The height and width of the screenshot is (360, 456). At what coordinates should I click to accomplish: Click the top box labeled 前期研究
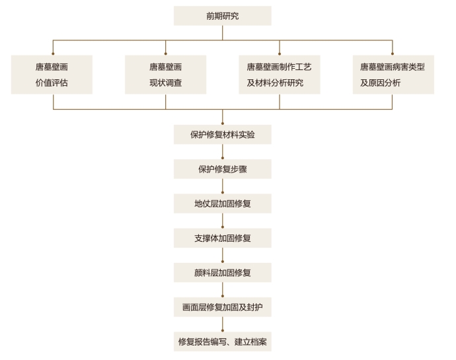(x=223, y=16)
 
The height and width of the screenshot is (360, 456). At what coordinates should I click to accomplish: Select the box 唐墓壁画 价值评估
(x=52, y=75)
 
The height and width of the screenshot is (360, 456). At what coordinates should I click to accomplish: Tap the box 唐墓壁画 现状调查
(x=165, y=75)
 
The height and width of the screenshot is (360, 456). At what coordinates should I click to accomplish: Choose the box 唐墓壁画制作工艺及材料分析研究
(x=280, y=75)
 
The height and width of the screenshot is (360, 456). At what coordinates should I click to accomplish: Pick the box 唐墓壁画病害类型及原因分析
(x=393, y=75)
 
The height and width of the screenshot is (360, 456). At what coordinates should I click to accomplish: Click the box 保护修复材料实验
(x=223, y=135)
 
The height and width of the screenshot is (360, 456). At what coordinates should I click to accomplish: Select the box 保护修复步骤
(x=223, y=169)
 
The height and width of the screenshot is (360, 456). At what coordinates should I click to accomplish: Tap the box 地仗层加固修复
(x=223, y=203)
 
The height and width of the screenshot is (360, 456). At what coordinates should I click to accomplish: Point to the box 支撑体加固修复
(x=223, y=238)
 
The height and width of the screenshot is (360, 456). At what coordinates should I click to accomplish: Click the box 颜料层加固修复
(x=223, y=273)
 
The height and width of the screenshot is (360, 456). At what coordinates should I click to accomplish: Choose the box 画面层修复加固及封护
(x=223, y=307)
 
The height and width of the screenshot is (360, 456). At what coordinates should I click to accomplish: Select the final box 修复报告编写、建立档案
(x=223, y=342)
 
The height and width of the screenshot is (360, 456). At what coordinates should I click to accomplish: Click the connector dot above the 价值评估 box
(x=53, y=54)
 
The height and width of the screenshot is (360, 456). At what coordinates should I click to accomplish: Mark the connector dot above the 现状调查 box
(x=165, y=54)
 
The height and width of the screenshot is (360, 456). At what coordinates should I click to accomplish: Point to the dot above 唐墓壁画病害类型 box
(x=393, y=54)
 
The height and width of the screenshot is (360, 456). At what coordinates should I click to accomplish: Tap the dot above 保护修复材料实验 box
(x=223, y=124)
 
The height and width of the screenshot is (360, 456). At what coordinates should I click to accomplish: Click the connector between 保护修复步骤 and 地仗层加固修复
(x=223, y=186)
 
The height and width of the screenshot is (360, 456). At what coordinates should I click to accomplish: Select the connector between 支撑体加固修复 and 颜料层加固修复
(x=223, y=256)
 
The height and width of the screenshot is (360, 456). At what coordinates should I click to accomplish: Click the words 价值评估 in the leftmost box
(x=52, y=83)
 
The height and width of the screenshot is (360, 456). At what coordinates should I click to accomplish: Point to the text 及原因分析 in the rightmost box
(x=381, y=83)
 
